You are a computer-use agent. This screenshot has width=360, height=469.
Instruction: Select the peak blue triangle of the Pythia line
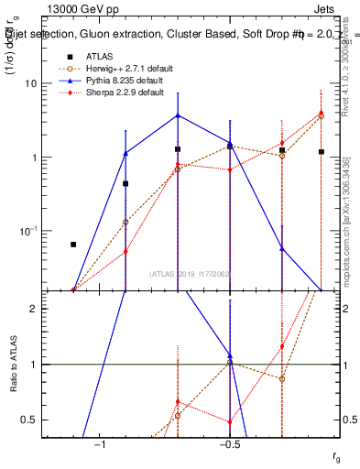[178, 115]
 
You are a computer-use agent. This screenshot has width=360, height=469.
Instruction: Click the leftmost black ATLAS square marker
[73, 245]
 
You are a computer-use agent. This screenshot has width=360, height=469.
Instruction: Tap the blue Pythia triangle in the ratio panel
[230, 355]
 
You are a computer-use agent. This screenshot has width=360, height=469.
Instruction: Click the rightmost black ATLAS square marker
[322, 152]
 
